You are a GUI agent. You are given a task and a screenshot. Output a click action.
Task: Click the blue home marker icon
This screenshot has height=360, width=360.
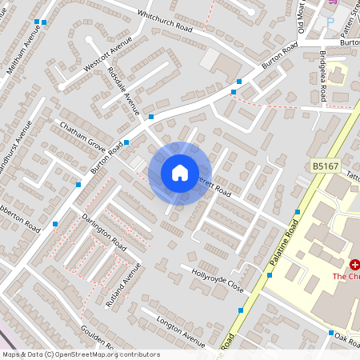180,173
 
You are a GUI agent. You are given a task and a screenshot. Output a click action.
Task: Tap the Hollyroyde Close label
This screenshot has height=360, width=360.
217,279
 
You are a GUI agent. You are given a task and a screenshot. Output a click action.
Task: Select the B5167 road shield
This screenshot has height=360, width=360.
322,166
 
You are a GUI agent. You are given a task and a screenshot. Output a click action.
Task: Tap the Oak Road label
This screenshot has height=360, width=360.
346,337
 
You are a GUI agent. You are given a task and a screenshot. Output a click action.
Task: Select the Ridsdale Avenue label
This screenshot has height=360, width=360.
122,89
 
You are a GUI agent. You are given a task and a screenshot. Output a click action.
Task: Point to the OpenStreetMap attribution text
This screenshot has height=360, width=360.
80,354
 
